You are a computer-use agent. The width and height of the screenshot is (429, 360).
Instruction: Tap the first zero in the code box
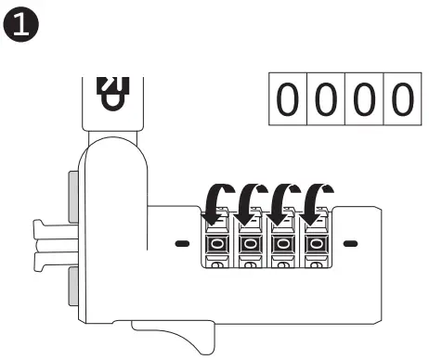click(x=289, y=99)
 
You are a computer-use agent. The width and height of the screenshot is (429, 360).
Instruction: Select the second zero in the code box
click(x=324, y=99)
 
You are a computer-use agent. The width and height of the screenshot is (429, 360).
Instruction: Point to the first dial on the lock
click(x=216, y=244)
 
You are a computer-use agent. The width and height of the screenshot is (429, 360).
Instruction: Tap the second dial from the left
click(x=249, y=244)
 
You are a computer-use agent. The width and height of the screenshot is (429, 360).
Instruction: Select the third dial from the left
click(x=281, y=244)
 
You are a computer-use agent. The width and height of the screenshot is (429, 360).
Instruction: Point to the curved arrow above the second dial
click(x=248, y=199)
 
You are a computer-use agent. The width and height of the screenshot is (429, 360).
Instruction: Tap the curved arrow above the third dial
click(x=280, y=199)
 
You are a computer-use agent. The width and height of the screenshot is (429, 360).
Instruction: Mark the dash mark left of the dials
click(x=181, y=244)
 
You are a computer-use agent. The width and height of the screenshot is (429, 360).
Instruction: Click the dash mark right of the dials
click(x=350, y=244)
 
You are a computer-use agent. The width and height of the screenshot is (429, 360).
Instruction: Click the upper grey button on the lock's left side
click(x=73, y=196)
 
